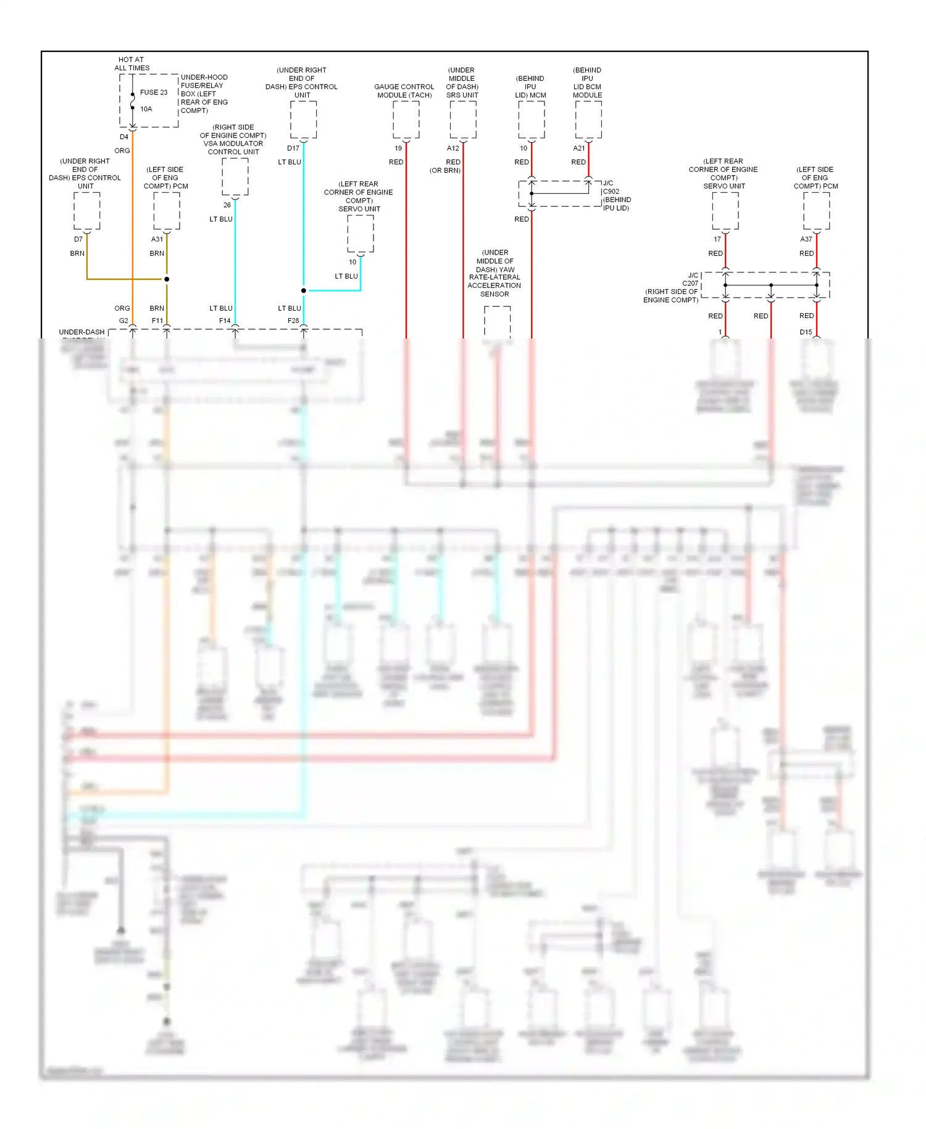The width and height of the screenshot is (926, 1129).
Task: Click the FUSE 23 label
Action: [x=153, y=93]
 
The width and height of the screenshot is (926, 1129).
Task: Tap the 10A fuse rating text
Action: [x=146, y=109]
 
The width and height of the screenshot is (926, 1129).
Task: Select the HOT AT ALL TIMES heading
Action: [x=131, y=64]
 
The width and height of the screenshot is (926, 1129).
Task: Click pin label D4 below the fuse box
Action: [x=124, y=137]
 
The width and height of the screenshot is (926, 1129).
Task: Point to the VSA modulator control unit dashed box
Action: [x=235, y=177]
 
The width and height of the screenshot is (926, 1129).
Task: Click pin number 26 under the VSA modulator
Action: [x=227, y=205]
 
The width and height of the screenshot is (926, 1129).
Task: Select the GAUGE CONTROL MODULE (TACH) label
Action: [x=404, y=91]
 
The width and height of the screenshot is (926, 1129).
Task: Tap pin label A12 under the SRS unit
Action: [x=453, y=148]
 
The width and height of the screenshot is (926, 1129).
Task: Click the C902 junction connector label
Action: [x=611, y=191]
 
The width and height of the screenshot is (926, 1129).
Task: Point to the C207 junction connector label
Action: [x=690, y=283]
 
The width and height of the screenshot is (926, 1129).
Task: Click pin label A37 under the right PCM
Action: [x=806, y=239]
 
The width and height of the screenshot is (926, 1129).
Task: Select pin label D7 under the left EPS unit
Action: [x=78, y=239]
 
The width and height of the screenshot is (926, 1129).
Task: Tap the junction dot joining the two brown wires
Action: [x=167, y=279]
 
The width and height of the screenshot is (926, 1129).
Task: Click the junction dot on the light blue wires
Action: [x=304, y=290]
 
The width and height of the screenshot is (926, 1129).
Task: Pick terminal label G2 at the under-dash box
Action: [x=123, y=321]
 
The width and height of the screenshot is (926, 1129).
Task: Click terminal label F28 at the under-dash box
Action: [x=293, y=321]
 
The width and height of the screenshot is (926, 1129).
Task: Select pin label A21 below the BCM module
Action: [x=578, y=148]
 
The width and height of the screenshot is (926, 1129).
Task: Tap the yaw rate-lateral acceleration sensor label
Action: [x=494, y=273]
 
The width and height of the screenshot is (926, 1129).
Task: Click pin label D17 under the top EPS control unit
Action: [x=293, y=148]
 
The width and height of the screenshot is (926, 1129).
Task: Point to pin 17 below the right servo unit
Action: [x=717, y=239]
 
